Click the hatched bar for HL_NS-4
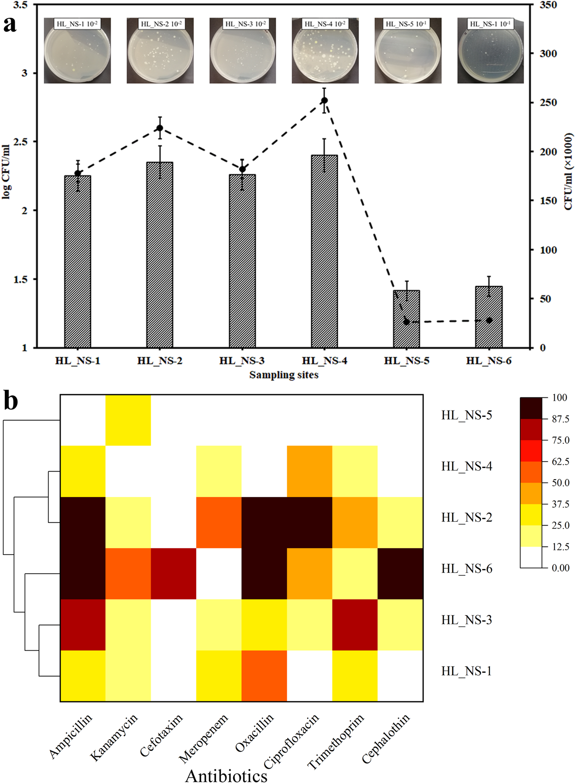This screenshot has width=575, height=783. tap(324, 251)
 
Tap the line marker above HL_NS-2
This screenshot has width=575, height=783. tap(160, 128)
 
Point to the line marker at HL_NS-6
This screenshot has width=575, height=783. tap(489, 320)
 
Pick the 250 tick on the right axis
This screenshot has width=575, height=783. tap(548, 103)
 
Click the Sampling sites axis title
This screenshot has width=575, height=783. tap(284, 375)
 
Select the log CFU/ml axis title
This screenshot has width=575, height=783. tap(6, 172)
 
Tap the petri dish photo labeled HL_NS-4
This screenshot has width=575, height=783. tap(325, 51)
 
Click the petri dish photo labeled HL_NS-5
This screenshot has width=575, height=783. tap(407, 51)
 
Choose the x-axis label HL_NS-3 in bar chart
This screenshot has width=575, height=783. tap(242, 360)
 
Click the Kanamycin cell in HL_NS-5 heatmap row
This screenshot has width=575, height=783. tap(128, 420)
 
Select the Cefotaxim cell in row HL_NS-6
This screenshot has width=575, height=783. tap(173, 573)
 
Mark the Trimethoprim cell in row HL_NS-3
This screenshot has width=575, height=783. tap(355, 625)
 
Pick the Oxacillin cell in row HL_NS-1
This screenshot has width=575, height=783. tap(264, 676)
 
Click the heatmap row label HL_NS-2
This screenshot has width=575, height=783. tap(467, 517)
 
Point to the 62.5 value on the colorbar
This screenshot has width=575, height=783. tap(560, 462)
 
